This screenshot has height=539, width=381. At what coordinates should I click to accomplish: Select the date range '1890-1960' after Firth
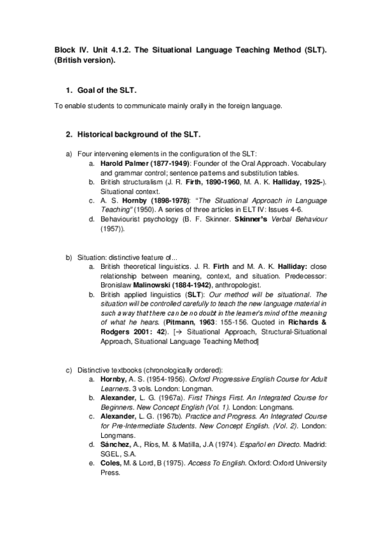(225, 182)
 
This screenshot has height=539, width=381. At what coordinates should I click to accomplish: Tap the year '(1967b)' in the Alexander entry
(165, 416)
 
